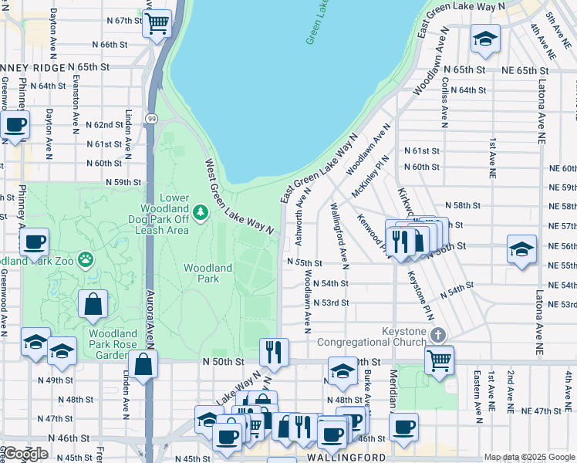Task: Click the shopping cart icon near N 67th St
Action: (157, 23)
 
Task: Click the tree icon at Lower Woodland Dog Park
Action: (201, 211)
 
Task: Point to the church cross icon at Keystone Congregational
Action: (438, 335)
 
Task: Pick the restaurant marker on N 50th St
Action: (273, 353)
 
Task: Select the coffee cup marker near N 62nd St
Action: (15, 126)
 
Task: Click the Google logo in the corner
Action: (25, 454)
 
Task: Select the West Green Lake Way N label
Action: (239, 197)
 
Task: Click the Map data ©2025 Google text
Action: (529, 458)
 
